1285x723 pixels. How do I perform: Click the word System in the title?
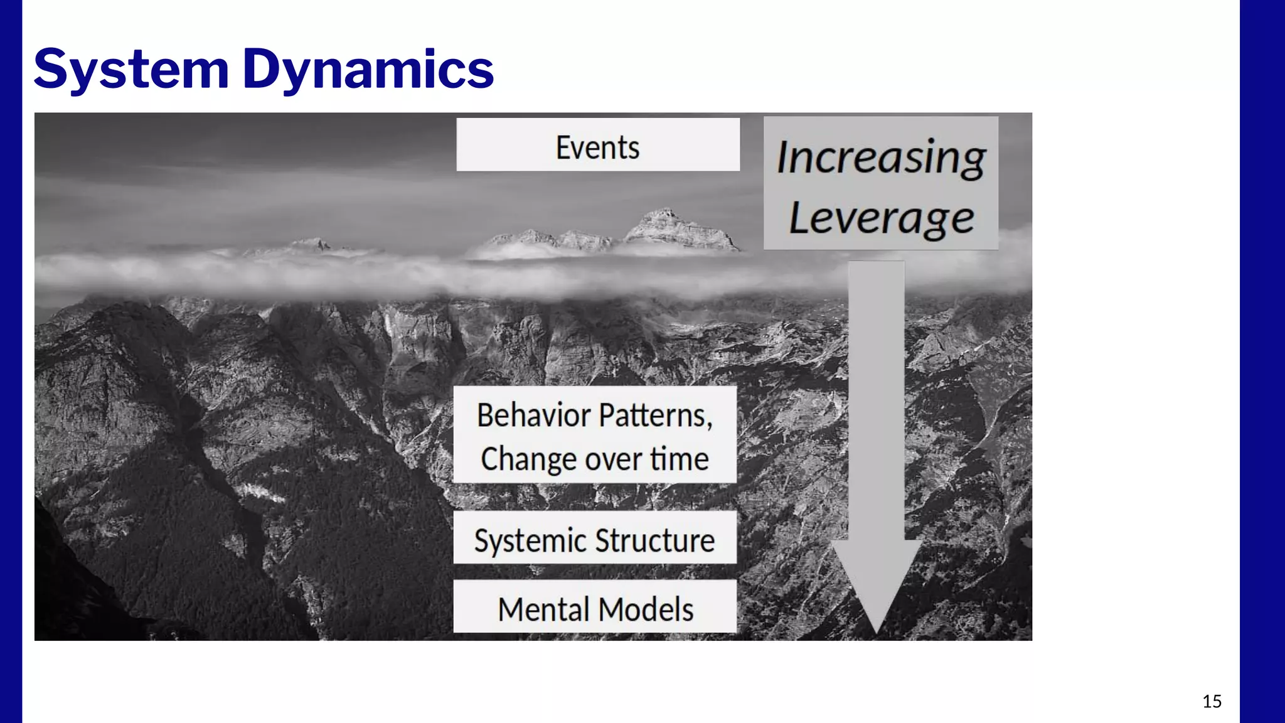[x=131, y=69]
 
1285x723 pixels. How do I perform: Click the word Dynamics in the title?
[x=368, y=69]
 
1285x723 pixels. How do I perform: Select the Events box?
[x=597, y=145]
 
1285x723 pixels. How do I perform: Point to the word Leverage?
[x=880, y=218]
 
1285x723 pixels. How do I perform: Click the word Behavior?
[x=533, y=415]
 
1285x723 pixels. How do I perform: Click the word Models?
[x=646, y=609]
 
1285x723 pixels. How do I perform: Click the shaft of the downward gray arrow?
[x=877, y=402]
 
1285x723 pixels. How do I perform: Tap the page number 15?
[x=1212, y=701]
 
